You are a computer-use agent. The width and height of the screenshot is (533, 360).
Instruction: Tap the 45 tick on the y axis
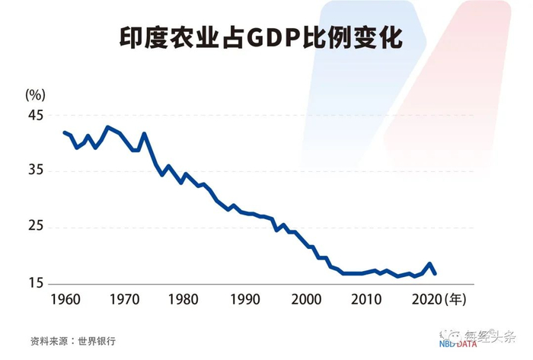[x=36, y=115]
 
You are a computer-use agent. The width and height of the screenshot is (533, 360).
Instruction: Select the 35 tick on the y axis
[x=36, y=171]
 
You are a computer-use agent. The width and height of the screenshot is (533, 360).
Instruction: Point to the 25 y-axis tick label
[x=36, y=228]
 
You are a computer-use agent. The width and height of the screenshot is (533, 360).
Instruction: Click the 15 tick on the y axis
[x=36, y=284]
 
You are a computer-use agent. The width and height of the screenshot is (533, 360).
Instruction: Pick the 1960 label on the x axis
[x=65, y=299]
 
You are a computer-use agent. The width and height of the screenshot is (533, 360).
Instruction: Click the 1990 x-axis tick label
[x=245, y=299]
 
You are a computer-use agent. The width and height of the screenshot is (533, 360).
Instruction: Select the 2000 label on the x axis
[x=305, y=299]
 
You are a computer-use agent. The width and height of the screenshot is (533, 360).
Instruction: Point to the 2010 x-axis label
[x=365, y=299]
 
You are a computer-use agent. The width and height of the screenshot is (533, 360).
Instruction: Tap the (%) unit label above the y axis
[x=36, y=94]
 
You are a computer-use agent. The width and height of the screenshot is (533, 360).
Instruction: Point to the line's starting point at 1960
[x=65, y=132]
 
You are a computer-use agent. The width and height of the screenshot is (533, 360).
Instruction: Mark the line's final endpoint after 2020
[x=436, y=273]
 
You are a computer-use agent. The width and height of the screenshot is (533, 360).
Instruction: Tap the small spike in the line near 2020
[x=430, y=263]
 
